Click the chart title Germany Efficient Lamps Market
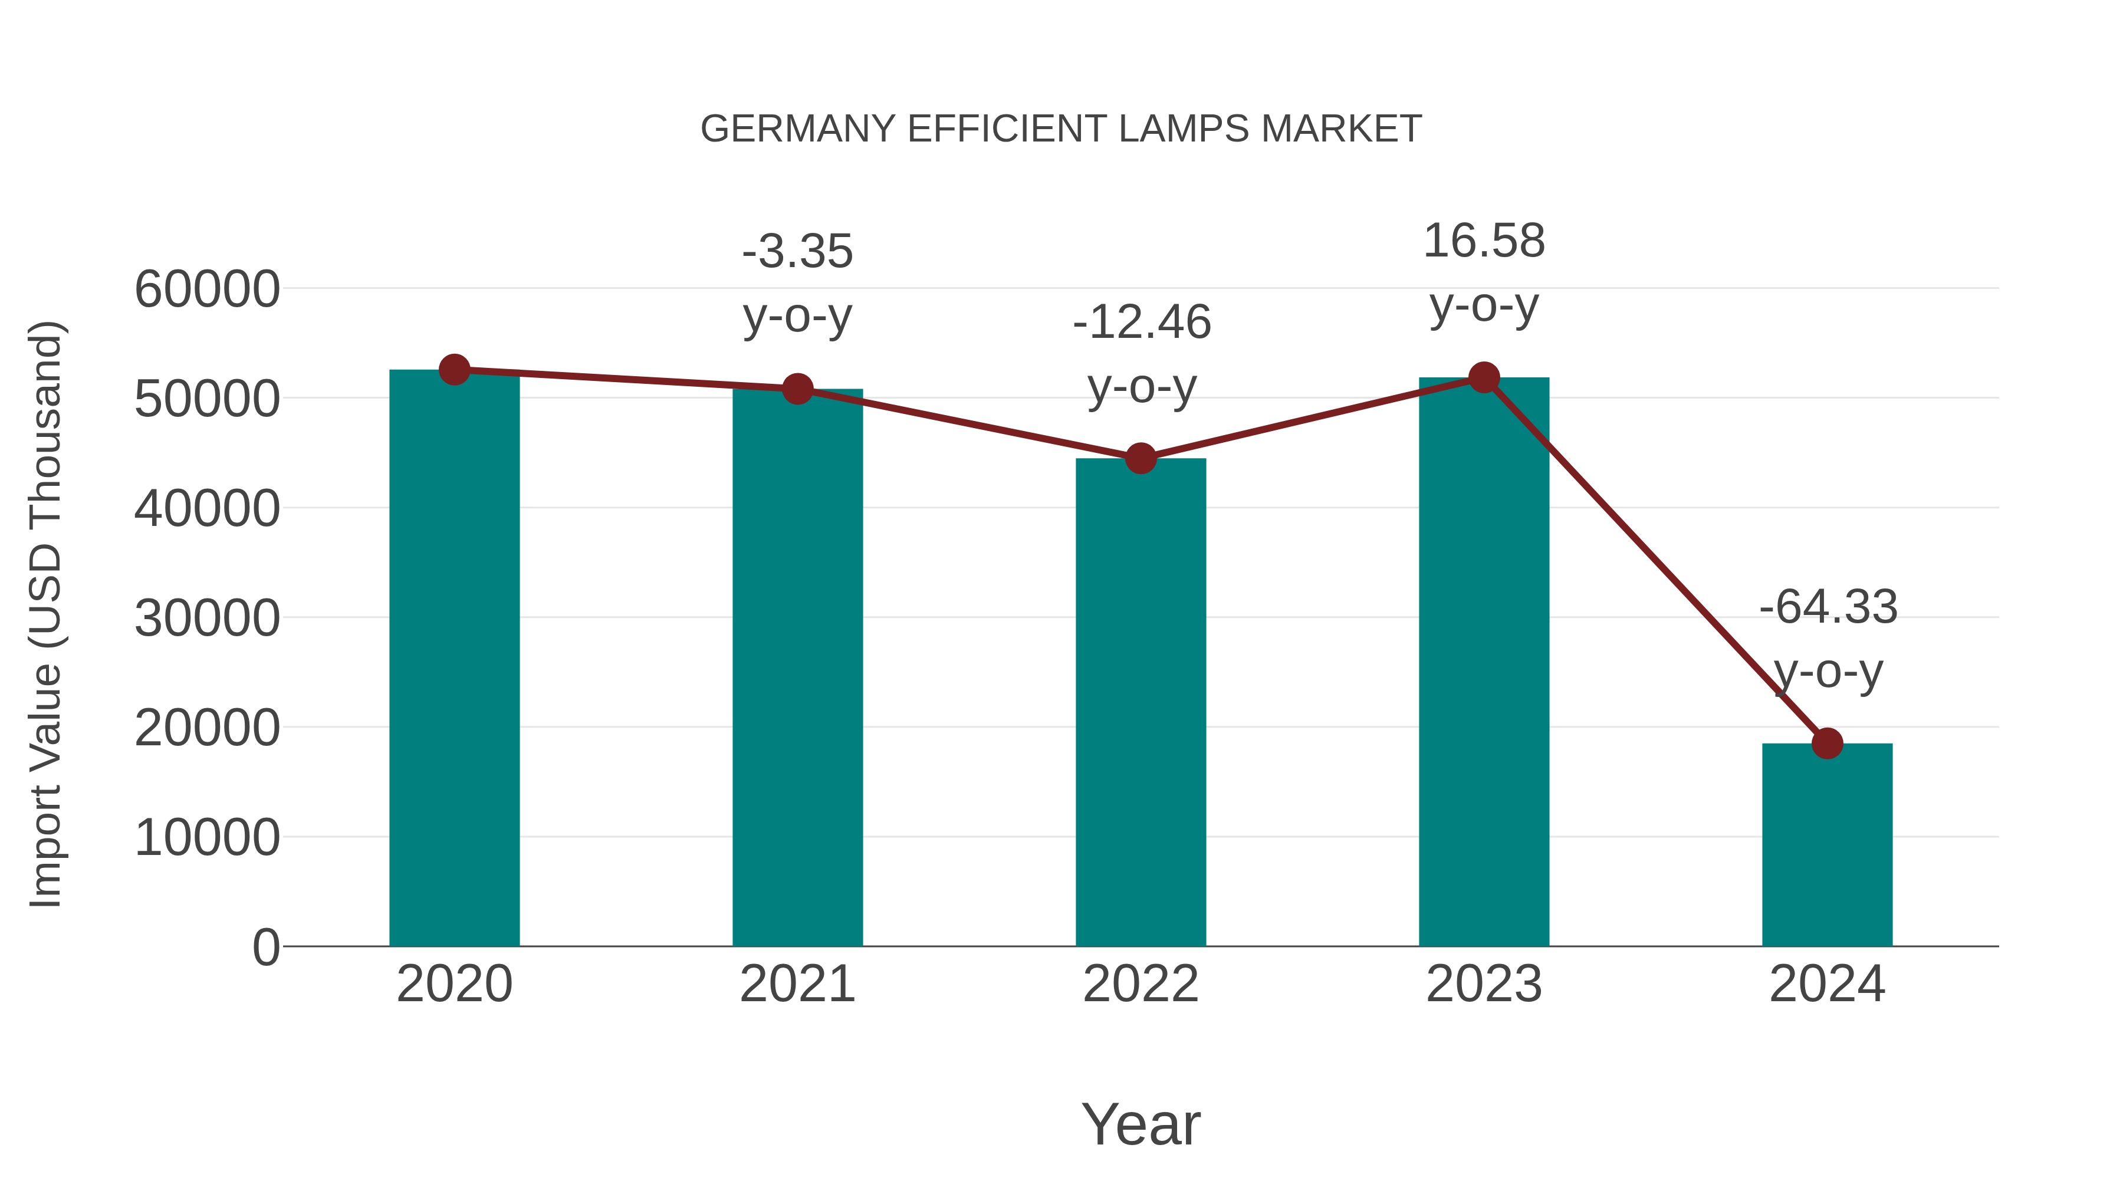coord(1061,129)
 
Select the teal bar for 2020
coord(454,659)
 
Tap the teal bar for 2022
coord(1141,700)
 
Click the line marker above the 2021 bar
coord(797,389)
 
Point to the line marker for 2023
coord(1484,377)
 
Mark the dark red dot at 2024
coord(1827,744)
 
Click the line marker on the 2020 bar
coord(454,370)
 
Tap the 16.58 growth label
coord(1484,241)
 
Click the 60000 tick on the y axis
coord(207,290)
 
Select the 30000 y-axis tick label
coord(207,619)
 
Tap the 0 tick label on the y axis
coord(265,948)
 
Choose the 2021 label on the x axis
coord(797,985)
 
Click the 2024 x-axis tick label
coord(1827,985)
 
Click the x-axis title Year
coord(1141,1125)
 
